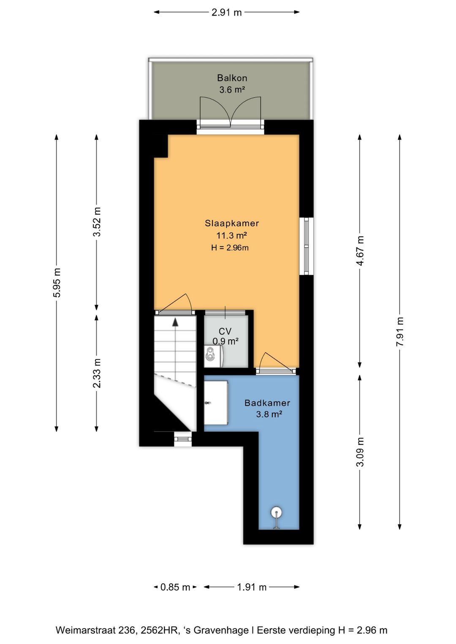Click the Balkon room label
click(232, 78)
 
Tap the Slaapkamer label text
click(232, 223)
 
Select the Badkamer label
click(267, 403)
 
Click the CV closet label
click(225, 331)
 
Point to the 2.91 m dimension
click(227, 12)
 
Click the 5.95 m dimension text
click(57, 283)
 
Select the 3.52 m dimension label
click(97, 222)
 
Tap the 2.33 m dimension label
click(97, 373)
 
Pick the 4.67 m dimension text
click(360, 251)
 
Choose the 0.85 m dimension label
click(175, 587)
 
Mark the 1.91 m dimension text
click(252, 587)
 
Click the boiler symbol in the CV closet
click(213, 356)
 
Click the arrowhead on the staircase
click(175, 322)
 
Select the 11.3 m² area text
click(232, 235)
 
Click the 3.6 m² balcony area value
click(232, 90)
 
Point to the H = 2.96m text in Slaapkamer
click(230, 248)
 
